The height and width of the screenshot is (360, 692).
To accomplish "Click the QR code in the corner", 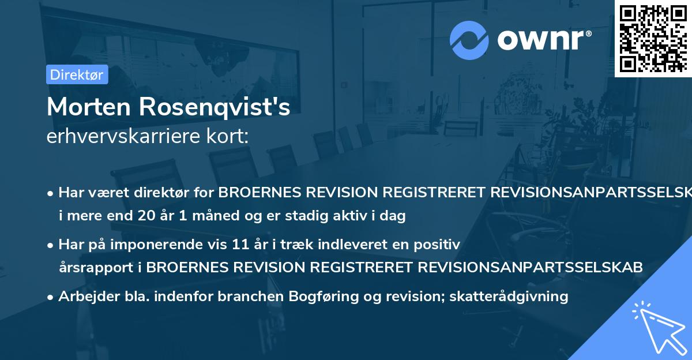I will pos(653,38).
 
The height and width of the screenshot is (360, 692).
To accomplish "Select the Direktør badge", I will pos(77,74).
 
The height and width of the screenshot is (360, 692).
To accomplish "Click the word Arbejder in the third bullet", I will pos(85,297).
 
